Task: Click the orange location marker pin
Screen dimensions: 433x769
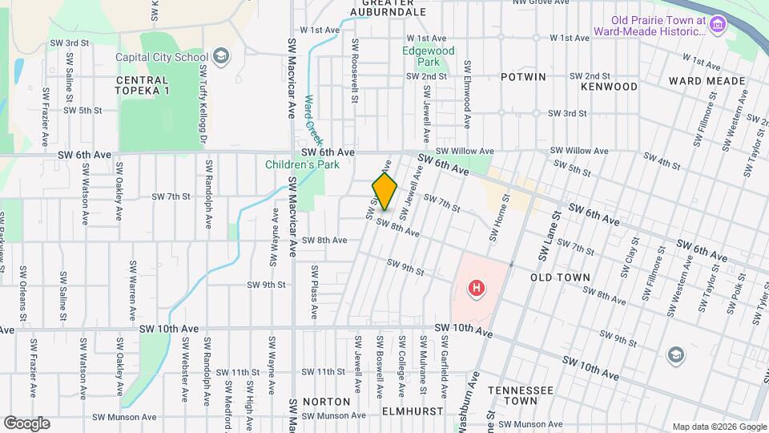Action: (x=384, y=192)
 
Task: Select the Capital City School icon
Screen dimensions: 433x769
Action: (x=221, y=56)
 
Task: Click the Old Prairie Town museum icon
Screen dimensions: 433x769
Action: (x=718, y=25)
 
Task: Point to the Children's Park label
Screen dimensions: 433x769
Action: (x=303, y=165)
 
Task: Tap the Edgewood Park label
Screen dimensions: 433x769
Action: (x=428, y=56)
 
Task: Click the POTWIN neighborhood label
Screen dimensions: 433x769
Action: (x=523, y=77)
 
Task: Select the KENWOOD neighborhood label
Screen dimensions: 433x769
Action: (x=609, y=86)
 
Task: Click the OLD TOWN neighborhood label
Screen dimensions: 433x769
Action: (x=560, y=277)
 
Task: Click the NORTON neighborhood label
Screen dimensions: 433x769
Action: (x=327, y=401)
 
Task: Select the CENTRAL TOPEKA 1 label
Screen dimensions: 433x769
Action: (x=143, y=86)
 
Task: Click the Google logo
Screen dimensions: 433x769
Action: (x=26, y=423)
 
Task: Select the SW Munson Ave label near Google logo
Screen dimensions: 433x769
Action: (x=124, y=417)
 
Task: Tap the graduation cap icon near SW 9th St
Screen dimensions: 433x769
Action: (x=675, y=354)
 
